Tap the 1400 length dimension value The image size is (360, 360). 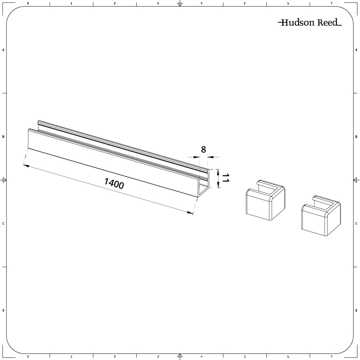[114, 184]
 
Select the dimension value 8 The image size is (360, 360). [204, 149]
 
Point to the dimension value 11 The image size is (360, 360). [225, 178]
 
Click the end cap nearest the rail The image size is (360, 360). [265, 200]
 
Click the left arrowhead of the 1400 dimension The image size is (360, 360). [26, 165]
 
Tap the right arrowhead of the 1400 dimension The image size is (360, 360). [190, 213]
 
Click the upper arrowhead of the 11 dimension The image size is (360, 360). [218, 171]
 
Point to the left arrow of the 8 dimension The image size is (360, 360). [196, 157]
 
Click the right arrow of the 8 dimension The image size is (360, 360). [211, 157]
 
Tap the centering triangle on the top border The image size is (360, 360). [180, 4]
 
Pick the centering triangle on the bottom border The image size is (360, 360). [180, 356]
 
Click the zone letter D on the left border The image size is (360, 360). [4, 310]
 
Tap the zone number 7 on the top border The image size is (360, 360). [331, 3]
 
